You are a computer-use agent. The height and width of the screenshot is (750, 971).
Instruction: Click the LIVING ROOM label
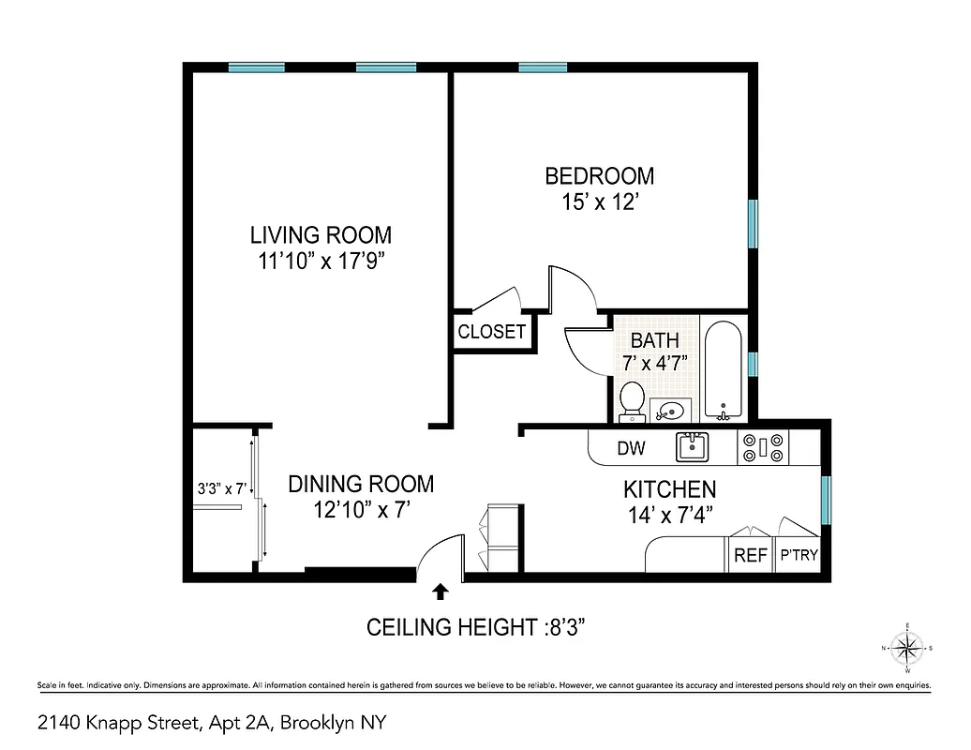320,234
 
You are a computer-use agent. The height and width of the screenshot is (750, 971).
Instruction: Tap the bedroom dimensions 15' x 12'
599,202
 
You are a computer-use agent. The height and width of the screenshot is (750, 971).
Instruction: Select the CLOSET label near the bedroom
492,332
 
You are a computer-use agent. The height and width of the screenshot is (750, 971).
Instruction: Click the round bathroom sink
670,409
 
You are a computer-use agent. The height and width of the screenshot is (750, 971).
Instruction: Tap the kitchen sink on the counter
692,446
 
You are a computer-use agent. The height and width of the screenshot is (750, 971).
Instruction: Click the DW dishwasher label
631,448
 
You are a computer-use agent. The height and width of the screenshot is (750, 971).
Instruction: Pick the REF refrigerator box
750,555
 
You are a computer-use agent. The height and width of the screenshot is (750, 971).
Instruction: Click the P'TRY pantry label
799,555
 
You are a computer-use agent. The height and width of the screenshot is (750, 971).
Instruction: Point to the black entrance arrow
440,591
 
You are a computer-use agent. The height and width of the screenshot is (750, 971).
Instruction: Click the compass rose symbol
906,648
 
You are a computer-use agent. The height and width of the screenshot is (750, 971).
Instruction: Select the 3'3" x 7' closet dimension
220,488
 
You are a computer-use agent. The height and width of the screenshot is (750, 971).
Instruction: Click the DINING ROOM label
361,484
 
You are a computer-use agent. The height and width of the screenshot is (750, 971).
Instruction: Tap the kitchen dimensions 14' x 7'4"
670,514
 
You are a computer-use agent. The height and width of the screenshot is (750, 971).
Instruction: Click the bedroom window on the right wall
752,223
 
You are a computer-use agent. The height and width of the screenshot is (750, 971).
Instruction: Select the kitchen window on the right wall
826,501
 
